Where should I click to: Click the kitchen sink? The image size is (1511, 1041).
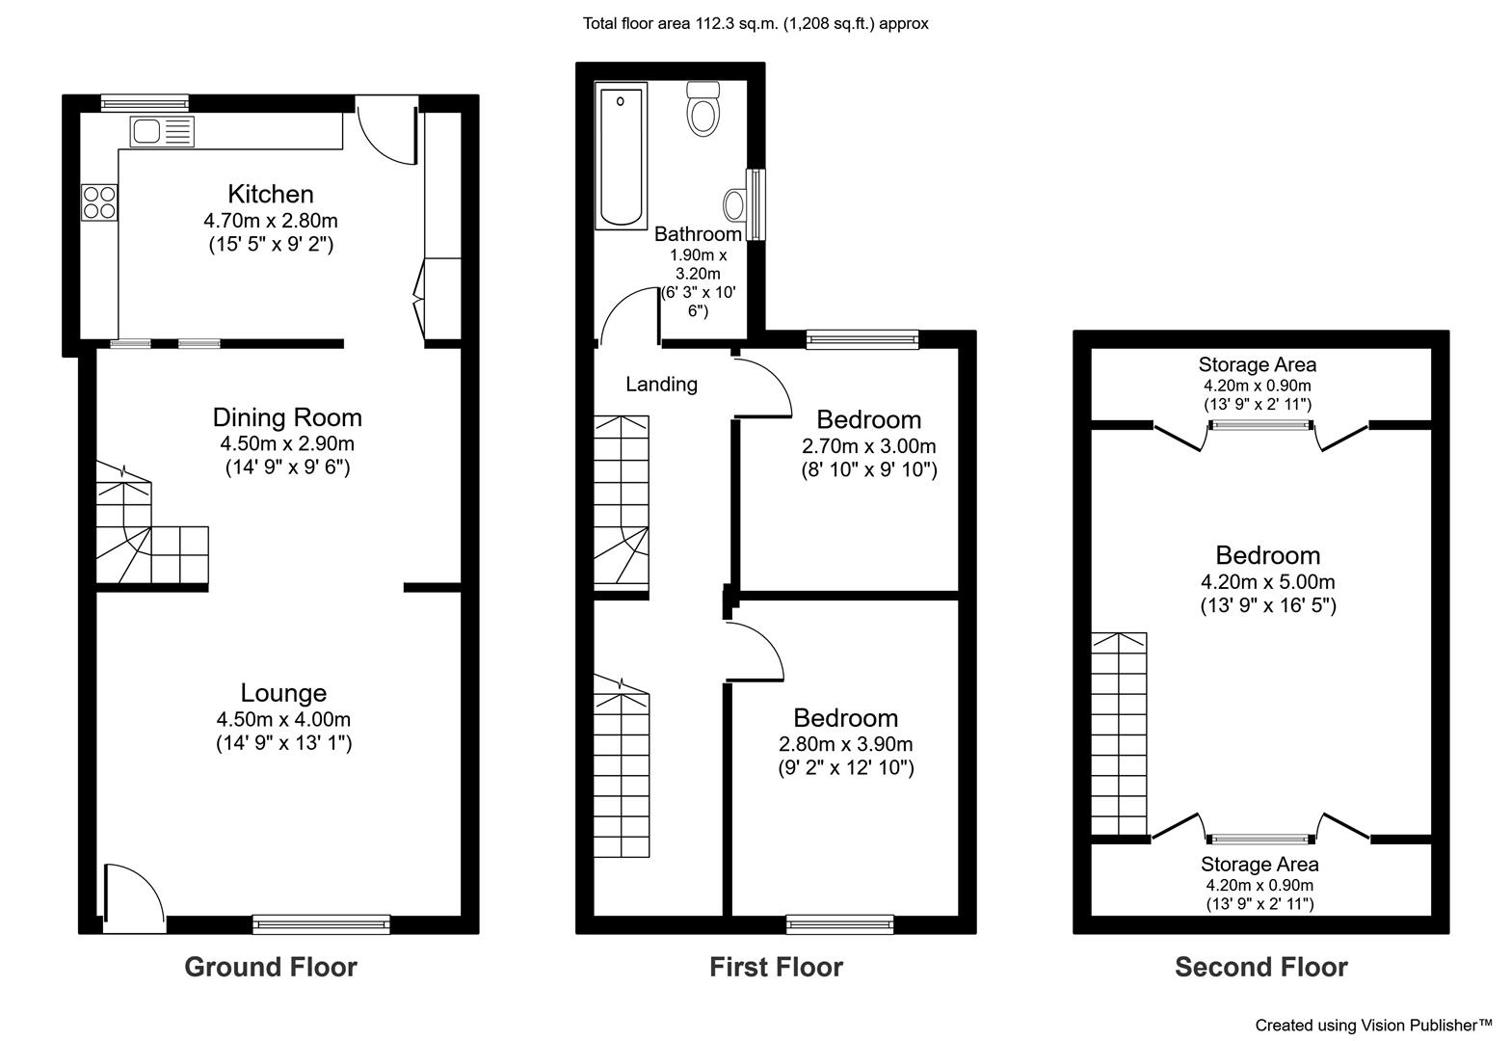tap(162, 131)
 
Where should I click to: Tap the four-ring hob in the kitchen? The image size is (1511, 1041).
tap(99, 202)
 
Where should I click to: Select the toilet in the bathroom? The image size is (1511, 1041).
tap(702, 109)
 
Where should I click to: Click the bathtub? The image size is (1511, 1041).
tap(621, 156)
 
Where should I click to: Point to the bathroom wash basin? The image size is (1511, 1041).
tap(734, 204)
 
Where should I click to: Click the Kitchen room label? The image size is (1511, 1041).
tap(271, 195)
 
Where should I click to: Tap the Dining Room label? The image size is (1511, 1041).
tap(287, 417)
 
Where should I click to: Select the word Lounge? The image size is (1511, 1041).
tap(283, 693)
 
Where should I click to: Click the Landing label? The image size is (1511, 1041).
tap(661, 385)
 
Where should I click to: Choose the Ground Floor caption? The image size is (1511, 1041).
tap(271, 967)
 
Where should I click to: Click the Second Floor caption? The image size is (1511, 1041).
tap(1260, 967)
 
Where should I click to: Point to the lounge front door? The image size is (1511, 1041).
tap(134, 898)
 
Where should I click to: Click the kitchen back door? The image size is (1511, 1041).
tap(387, 131)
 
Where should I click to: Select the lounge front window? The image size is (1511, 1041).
tap(321, 923)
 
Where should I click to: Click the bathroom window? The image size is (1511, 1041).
tap(755, 204)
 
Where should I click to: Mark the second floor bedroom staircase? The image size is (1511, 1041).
tap(1119, 734)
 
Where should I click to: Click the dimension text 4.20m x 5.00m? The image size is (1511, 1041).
tap(1267, 581)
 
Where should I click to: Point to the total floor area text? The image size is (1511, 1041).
tap(755, 23)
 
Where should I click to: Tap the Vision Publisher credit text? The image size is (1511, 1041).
tap(1373, 1026)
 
